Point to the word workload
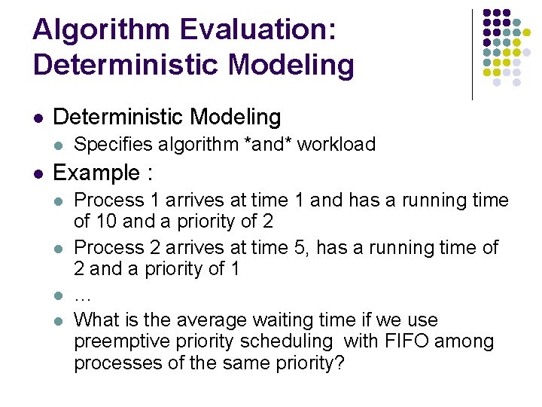coord(336,144)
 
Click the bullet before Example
coord(38,174)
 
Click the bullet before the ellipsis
coord(59,295)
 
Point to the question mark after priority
coord(340,363)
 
